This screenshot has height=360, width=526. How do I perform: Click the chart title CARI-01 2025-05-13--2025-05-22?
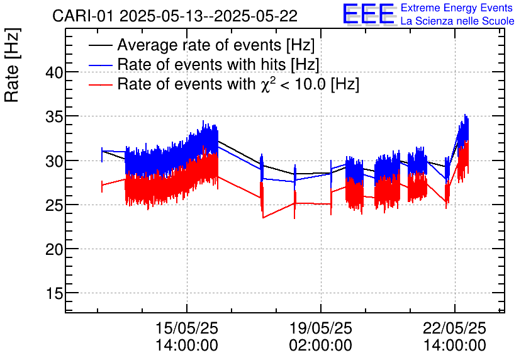[x=175, y=16]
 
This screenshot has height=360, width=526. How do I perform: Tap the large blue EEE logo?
[x=369, y=15]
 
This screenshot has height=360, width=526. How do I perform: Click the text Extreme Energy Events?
[x=457, y=8]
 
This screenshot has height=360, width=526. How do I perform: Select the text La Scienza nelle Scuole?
[x=457, y=21]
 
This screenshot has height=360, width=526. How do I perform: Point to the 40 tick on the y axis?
[x=55, y=72]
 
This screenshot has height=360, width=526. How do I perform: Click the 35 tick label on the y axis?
[x=55, y=117]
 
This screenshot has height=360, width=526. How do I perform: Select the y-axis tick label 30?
[x=55, y=161]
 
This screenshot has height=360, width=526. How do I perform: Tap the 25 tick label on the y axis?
[x=55, y=205]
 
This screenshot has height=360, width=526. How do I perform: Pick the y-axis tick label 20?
[x=55, y=250]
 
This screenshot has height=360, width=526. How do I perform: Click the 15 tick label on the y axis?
[x=55, y=294]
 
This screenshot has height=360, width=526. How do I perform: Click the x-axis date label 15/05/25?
[x=187, y=329]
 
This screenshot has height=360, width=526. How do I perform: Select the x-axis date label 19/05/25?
[x=321, y=329]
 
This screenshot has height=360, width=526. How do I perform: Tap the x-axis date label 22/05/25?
[x=455, y=329]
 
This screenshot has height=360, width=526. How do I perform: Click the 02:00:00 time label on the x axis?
[x=321, y=346]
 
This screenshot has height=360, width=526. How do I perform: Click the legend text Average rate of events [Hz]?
[x=216, y=46]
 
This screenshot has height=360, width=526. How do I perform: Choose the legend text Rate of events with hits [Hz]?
[x=218, y=65]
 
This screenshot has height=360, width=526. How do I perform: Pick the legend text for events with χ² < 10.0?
[x=238, y=84]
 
